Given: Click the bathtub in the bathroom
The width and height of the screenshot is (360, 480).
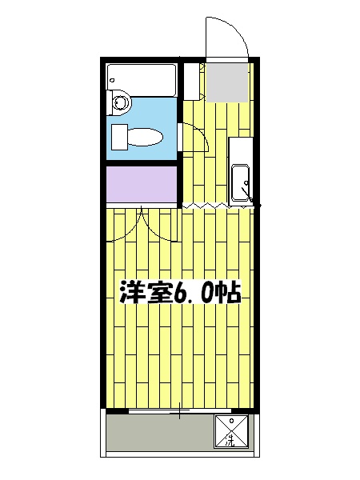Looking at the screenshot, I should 142,78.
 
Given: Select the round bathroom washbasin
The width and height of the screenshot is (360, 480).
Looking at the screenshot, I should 121,102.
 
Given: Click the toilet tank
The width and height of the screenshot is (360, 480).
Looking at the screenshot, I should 118,135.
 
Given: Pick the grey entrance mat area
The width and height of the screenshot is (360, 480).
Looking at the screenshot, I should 226,82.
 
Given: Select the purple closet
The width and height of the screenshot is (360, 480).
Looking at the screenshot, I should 142,185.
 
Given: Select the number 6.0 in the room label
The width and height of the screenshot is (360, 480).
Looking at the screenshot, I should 192,294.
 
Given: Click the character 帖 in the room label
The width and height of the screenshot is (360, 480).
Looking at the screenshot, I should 229,294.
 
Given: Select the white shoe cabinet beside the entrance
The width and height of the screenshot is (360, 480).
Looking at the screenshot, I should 192,80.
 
